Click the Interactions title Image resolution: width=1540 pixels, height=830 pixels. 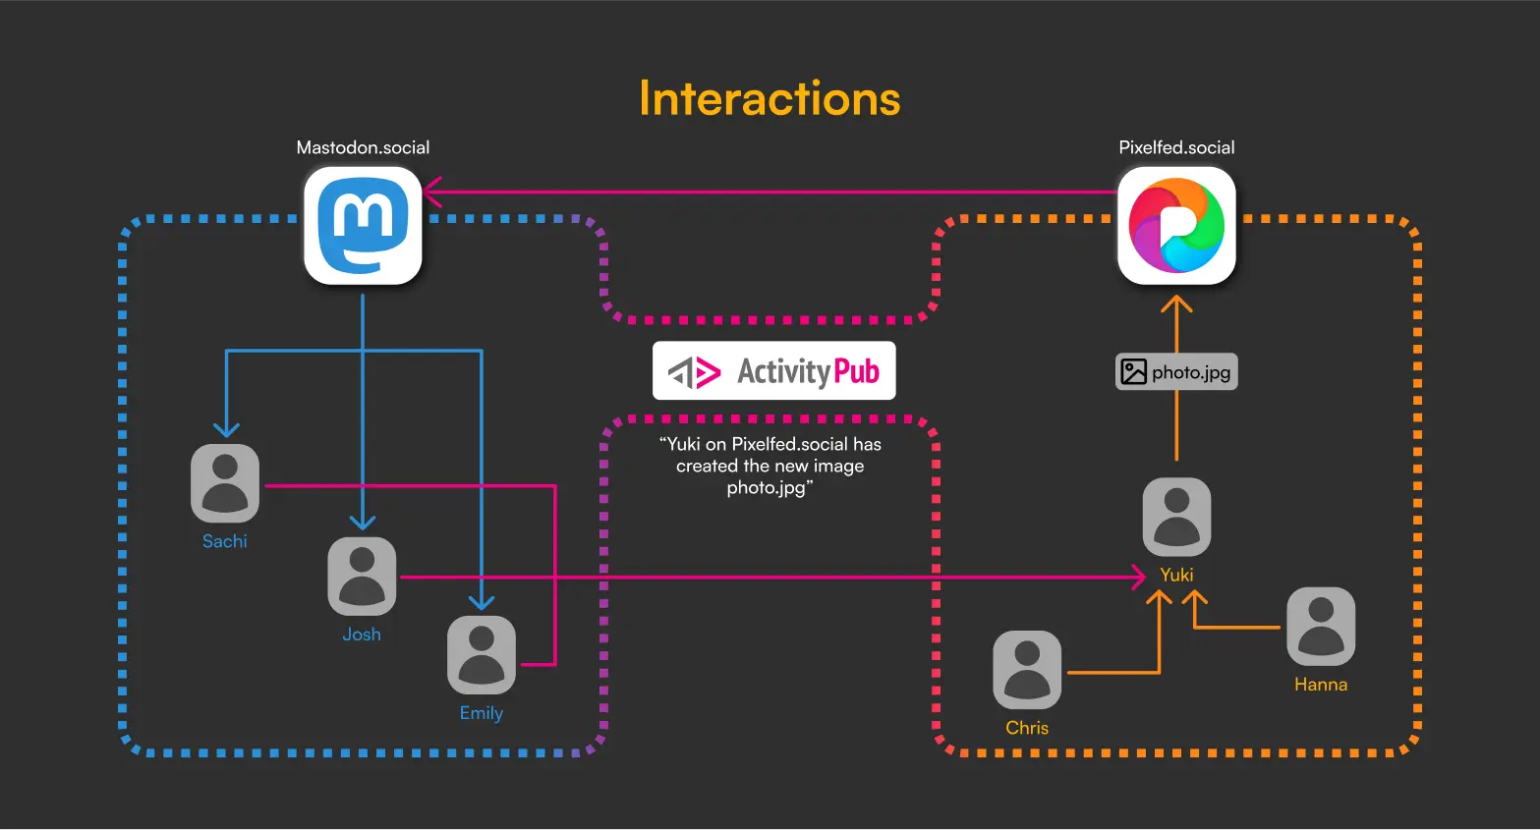click(770, 98)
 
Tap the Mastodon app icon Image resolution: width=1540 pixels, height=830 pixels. click(363, 226)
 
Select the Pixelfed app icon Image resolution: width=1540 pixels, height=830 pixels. click(1176, 226)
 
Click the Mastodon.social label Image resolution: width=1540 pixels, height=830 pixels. click(363, 147)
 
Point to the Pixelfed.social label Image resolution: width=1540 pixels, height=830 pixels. click(1176, 147)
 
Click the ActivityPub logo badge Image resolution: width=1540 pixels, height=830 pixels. click(773, 370)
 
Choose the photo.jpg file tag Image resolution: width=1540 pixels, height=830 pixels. click(1176, 372)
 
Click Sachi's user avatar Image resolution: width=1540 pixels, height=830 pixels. click(225, 483)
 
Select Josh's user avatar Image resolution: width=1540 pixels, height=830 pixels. click(362, 577)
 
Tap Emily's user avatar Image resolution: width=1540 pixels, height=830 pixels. click(482, 655)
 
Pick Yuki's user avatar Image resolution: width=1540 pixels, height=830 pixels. click(1176, 517)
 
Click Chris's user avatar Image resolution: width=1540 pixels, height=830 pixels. click(1027, 670)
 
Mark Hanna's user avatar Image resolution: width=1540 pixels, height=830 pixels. click(1321, 627)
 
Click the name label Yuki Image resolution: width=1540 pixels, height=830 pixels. click(1176, 575)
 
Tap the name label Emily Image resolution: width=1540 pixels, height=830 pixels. click(482, 713)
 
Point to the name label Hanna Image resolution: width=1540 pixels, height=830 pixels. click(1321, 685)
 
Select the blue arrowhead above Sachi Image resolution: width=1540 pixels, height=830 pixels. click(227, 429)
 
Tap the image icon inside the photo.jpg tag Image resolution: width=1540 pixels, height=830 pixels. click(1134, 372)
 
